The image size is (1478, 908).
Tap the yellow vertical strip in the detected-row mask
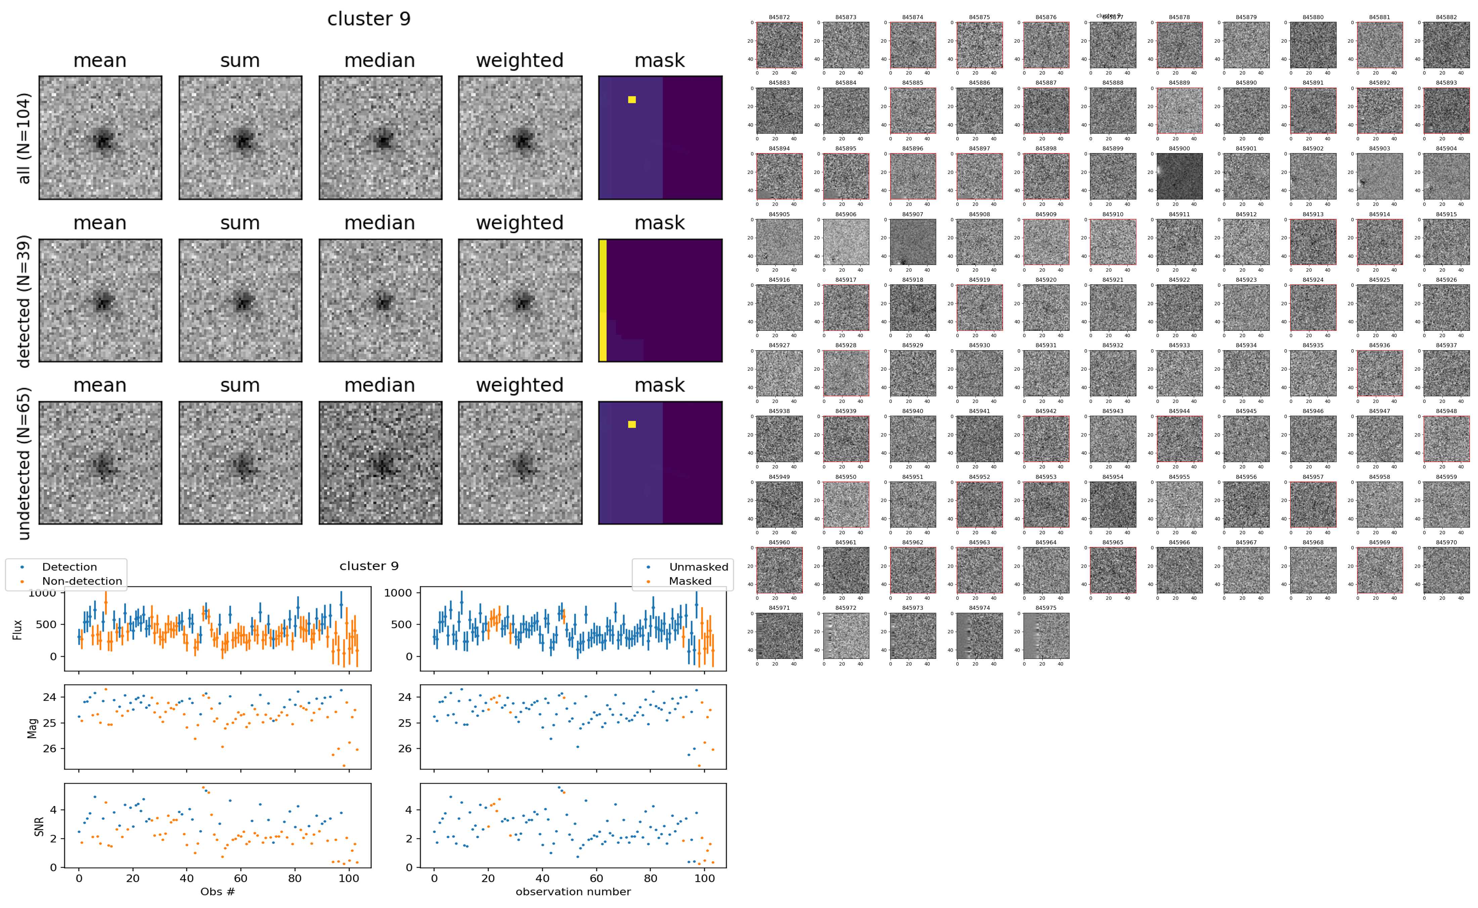[602, 300]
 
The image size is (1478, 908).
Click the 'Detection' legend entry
[69, 567]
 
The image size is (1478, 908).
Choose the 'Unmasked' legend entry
[698, 567]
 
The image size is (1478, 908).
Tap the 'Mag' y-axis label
[33, 727]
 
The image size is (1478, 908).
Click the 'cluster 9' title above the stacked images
[369, 19]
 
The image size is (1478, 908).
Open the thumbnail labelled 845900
[1179, 176]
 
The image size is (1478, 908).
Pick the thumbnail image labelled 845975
[1046, 635]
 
